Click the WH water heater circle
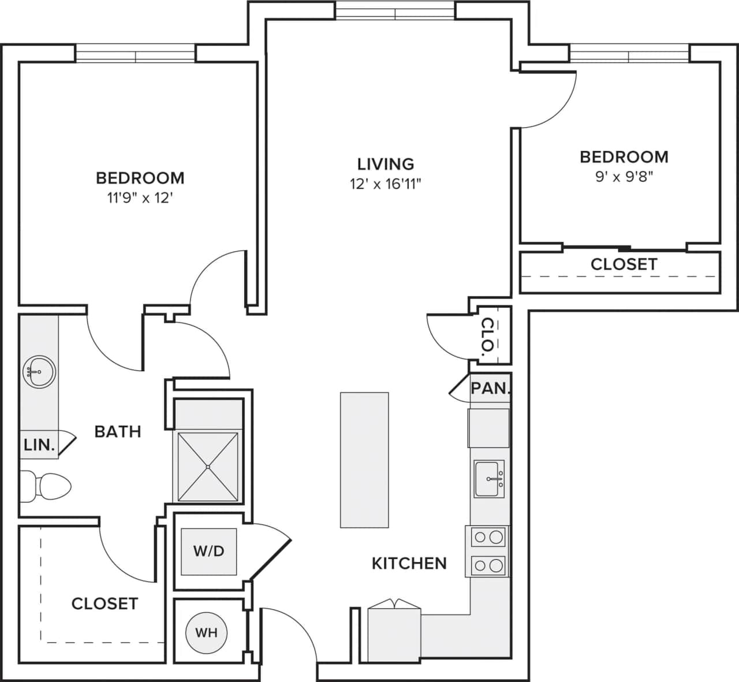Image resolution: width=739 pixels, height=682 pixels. point(206,632)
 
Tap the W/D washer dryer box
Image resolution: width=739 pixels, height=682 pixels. point(208,551)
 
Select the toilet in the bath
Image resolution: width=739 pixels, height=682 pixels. point(46,487)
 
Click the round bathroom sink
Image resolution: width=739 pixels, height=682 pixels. point(39,371)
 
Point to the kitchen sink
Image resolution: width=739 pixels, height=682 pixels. point(489,479)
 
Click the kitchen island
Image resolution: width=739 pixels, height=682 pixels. point(364,460)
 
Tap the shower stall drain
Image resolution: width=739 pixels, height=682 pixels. point(208,467)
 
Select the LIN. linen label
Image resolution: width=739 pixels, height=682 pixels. point(39,445)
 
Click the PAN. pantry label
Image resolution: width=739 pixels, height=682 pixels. point(490,388)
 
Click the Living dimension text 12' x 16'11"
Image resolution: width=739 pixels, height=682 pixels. point(386,184)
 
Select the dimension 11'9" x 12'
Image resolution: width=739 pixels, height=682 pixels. point(140,198)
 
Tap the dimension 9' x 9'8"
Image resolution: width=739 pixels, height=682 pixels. point(624,177)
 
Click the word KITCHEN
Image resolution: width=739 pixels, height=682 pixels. point(409,563)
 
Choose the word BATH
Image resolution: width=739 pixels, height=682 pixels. point(118,431)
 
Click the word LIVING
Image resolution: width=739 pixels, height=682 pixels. point(386,164)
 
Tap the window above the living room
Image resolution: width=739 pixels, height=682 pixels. point(395,10)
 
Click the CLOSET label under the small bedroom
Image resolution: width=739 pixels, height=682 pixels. point(624,264)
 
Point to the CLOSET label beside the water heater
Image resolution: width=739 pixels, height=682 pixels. point(104,603)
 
